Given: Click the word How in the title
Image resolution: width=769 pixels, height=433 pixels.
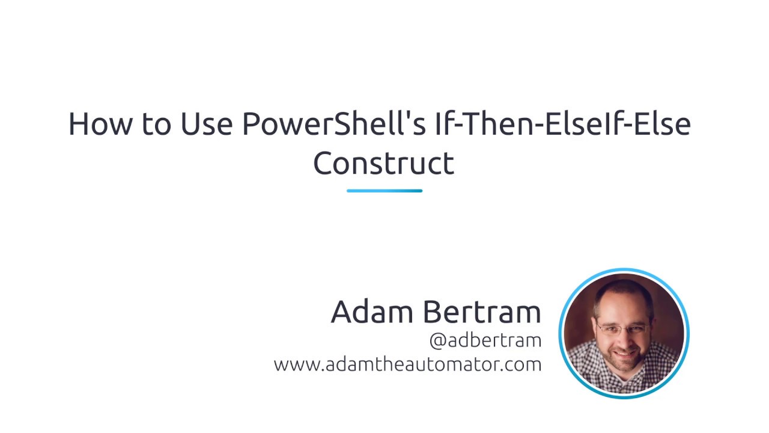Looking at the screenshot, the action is (100, 124).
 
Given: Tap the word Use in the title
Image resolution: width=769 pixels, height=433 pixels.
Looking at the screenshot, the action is (206, 124).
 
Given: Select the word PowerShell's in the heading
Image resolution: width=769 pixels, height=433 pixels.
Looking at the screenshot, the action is (333, 123).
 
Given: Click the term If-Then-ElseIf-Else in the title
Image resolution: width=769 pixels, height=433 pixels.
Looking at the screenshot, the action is (563, 123).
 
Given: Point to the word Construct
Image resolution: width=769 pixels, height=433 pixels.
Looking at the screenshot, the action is (384, 163).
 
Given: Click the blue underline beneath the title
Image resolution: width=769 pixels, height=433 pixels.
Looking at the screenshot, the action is (384, 191).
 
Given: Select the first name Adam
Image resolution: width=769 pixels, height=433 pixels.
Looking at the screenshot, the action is (372, 312).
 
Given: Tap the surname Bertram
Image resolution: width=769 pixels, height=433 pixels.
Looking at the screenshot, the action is (482, 312).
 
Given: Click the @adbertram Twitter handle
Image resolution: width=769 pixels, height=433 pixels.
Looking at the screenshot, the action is (485, 340).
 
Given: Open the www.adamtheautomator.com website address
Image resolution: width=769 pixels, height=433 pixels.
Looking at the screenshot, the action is (407, 364).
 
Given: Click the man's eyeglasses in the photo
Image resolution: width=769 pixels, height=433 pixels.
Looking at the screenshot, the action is (622, 328).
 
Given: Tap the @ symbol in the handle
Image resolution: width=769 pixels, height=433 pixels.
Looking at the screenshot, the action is (438, 341).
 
